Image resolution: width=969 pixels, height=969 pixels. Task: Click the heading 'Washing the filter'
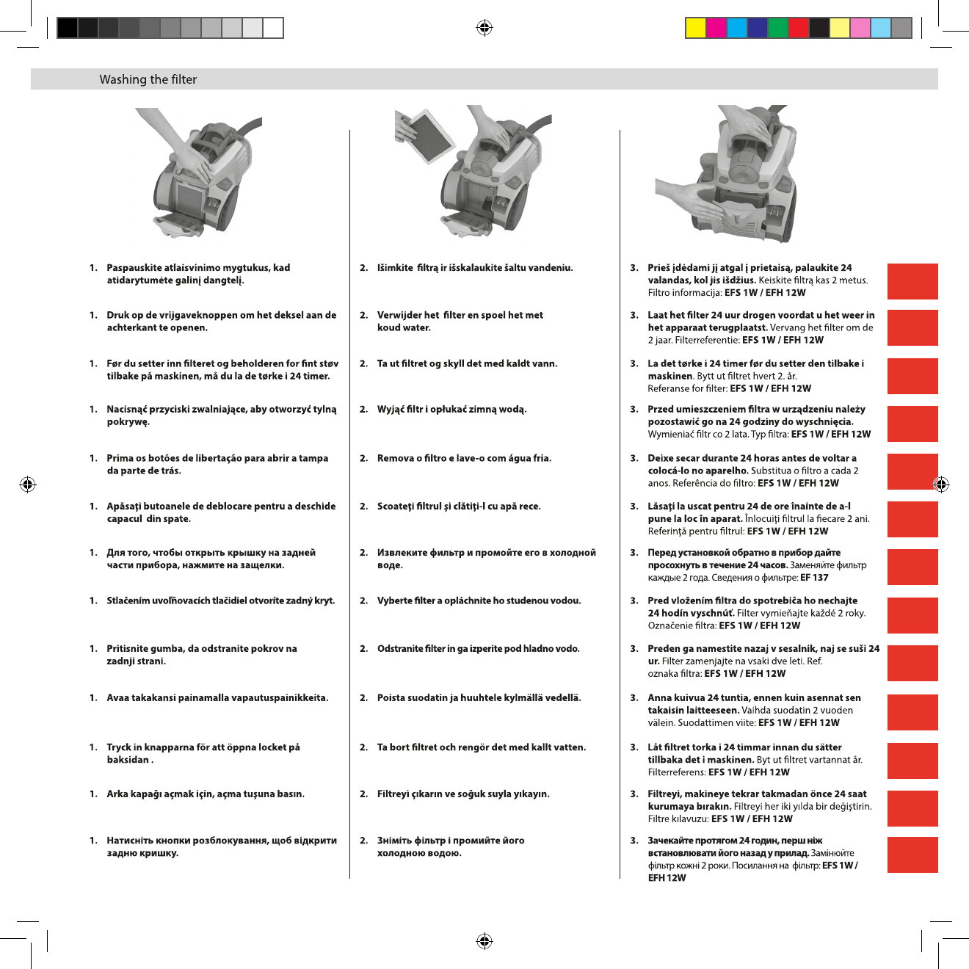pyautogui.click(x=148, y=79)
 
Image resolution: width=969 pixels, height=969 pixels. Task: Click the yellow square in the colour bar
pyautogui.click(x=695, y=28)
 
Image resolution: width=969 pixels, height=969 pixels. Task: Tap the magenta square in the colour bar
pyautogui.click(x=716, y=28)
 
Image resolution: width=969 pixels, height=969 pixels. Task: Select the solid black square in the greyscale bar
pyautogui.click(x=67, y=28)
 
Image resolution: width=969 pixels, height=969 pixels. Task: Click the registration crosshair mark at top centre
pyautogui.click(x=484, y=28)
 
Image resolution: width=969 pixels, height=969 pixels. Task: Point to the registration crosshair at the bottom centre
pyautogui.click(x=484, y=941)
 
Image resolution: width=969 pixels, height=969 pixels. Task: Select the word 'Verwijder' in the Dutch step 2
pyautogui.click(x=399, y=315)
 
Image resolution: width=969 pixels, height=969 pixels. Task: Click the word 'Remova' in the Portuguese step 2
pyautogui.click(x=396, y=458)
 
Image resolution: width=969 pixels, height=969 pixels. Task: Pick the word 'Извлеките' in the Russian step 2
pyautogui.click(x=402, y=553)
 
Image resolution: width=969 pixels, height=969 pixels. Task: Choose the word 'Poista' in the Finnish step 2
pyautogui.click(x=391, y=698)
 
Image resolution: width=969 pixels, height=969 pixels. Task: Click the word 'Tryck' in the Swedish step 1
pyautogui.click(x=119, y=747)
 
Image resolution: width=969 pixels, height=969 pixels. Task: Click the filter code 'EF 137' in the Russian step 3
pyautogui.click(x=814, y=578)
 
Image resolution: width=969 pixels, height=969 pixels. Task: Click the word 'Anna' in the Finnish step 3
pyautogui.click(x=659, y=698)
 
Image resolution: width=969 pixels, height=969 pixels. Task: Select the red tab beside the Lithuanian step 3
pyautogui.click(x=912, y=281)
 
